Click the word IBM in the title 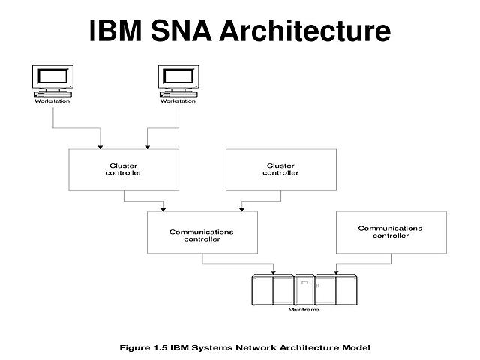pyautogui.click(x=118, y=31)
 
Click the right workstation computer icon pyautogui.click(x=178, y=80)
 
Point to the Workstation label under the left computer pyautogui.click(x=52, y=101)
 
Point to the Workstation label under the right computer pyautogui.click(x=178, y=101)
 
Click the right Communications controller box pyautogui.click(x=391, y=232)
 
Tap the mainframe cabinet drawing pyautogui.click(x=304, y=289)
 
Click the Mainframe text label pyautogui.click(x=304, y=309)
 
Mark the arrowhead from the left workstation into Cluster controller pyautogui.click(x=100, y=145)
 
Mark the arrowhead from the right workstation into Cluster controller pyautogui.click(x=146, y=145)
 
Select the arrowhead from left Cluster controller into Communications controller pyautogui.click(x=163, y=208)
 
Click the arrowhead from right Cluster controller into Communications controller pyautogui.click(x=241, y=208)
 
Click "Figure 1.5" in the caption pyautogui.click(x=145, y=347)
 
